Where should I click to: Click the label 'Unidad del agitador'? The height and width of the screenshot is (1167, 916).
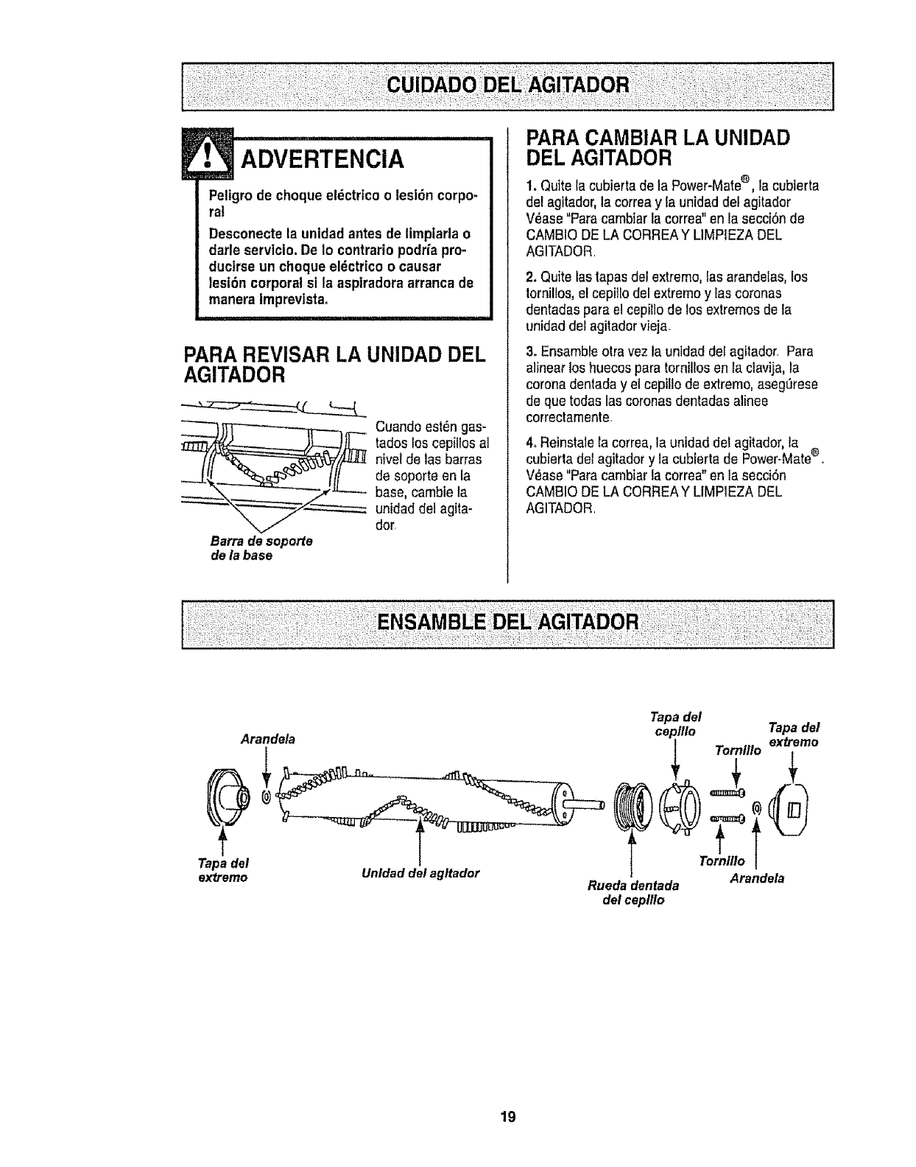click(x=420, y=874)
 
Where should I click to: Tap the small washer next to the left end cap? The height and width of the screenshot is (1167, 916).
click(x=267, y=796)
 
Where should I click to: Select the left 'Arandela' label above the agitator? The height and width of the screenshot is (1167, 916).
click(x=268, y=739)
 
